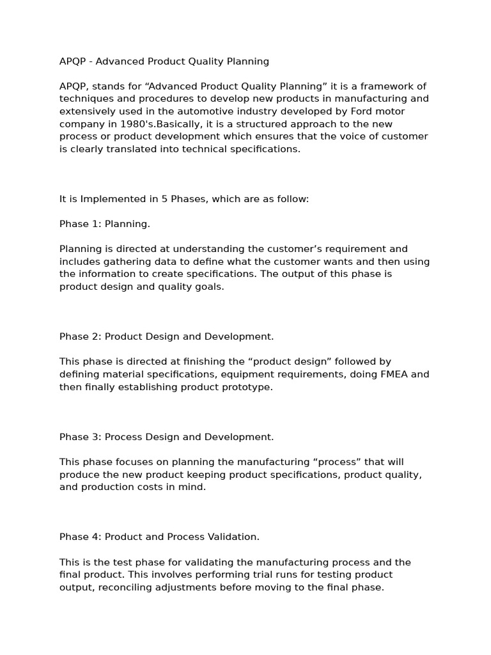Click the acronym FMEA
(x=393, y=374)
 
